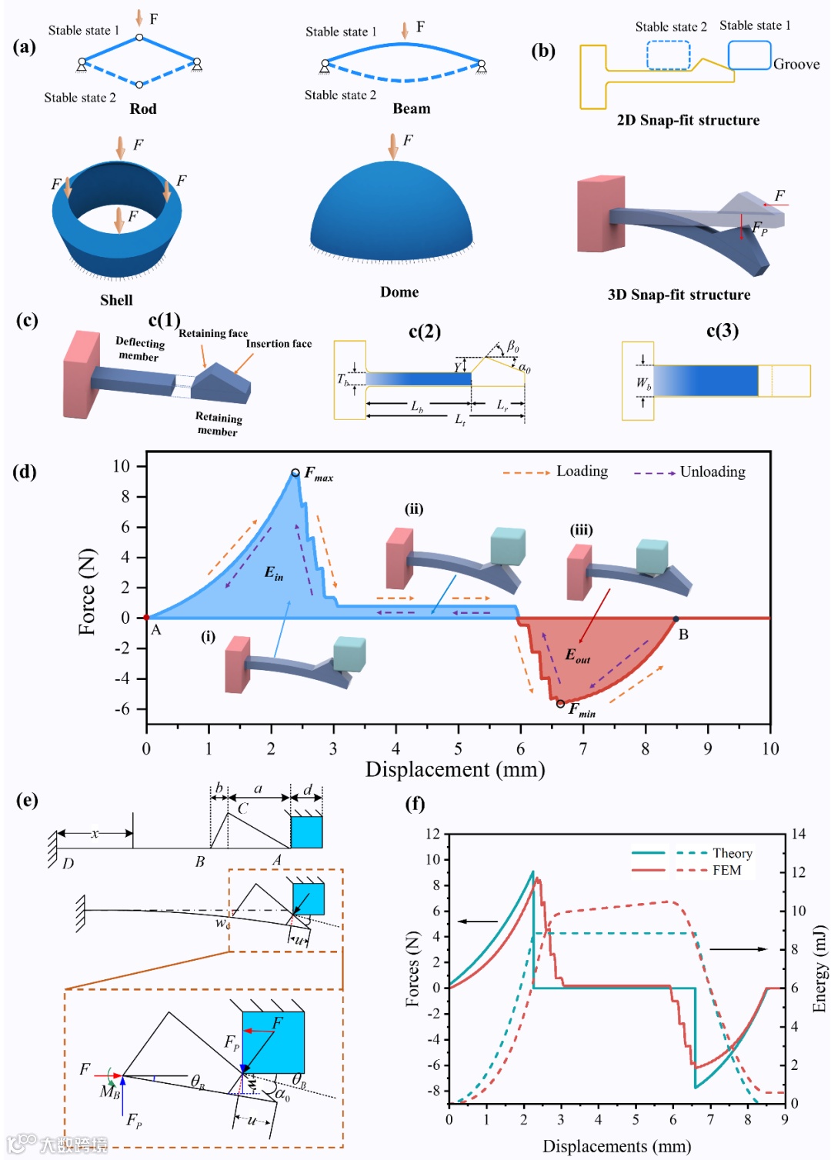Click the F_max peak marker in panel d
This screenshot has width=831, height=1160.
tap(295, 473)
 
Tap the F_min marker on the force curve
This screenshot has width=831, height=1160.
tap(560, 704)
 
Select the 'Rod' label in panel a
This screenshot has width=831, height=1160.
tap(143, 108)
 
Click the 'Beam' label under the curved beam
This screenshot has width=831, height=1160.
tap(412, 108)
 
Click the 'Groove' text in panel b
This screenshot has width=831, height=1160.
tap(796, 64)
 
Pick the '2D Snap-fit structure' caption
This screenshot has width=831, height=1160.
tap(688, 120)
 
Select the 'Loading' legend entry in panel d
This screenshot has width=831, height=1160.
tap(582, 471)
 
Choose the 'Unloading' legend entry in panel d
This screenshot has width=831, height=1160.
tap(713, 472)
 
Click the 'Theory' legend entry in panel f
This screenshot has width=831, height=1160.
tap(732, 853)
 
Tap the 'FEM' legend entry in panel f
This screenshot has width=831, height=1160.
tap(726, 870)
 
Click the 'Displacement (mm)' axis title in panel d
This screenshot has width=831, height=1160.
tap(455, 769)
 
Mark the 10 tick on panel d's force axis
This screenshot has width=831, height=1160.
tap(122, 466)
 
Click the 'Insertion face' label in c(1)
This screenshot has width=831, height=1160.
tap(279, 344)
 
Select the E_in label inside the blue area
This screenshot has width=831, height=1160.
tap(274, 572)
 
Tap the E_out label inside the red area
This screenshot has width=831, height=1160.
tap(578, 655)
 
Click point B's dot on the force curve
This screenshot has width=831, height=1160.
tap(676, 619)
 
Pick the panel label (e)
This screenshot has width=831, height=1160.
tap(27, 800)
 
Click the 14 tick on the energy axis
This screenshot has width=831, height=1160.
tap(799, 834)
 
